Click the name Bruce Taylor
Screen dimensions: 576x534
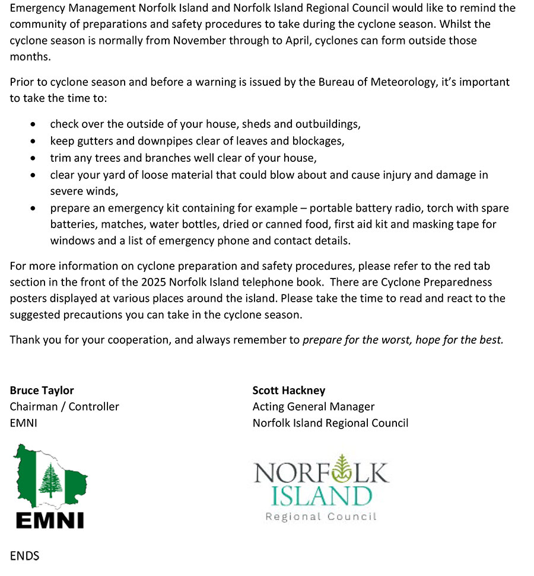[42, 391]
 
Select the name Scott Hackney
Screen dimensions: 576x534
[288, 391]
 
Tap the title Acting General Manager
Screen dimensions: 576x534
[313, 407]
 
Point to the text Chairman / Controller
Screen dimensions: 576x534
[64, 407]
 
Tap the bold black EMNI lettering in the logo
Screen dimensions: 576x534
[50, 520]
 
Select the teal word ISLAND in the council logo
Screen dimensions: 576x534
[321, 495]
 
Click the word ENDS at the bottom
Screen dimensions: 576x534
[24, 556]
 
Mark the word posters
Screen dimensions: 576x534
[28, 299]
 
